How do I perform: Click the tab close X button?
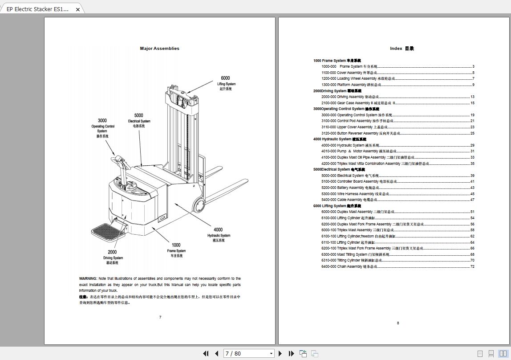tap(77, 9)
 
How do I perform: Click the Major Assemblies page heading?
tap(159, 49)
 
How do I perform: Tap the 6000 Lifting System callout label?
tap(226, 83)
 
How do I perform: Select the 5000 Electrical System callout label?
tap(139, 120)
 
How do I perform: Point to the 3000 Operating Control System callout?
tap(102, 128)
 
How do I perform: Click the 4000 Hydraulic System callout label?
tap(219, 235)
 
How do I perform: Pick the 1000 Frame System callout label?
tap(176, 250)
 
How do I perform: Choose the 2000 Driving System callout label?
tap(113, 257)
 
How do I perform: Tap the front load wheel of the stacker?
tap(199, 205)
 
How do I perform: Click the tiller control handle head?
tap(119, 159)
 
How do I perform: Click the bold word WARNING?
tap(88, 278)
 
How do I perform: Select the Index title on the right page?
tap(401, 49)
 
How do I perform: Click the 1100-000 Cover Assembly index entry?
tap(349, 73)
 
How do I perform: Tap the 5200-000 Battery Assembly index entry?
tap(350, 188)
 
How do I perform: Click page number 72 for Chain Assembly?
tap(472, 266)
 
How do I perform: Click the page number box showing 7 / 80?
tap(249, 353)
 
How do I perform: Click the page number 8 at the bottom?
tap(398, 323)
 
